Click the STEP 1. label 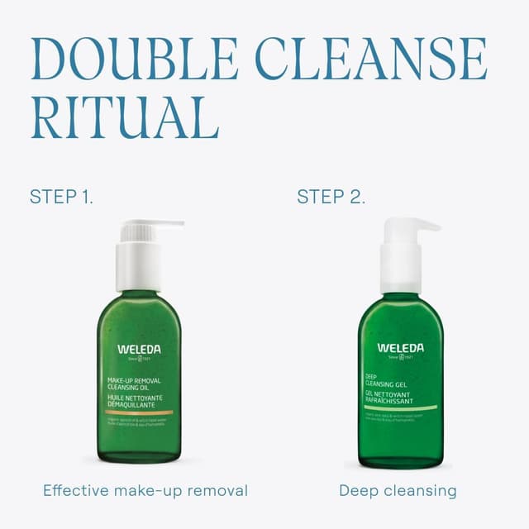[x=61, y=197]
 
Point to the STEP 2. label [x=331, y=197]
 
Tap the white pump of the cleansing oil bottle [x=139, y=256]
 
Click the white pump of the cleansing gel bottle [x=402, y=256]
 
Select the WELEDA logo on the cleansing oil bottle [x=139, y=349]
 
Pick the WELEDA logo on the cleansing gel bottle [x=401, y=347]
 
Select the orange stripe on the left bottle [x=139, y=412]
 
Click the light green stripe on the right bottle [x=401, y=407]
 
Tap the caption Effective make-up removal [x=145, y=490]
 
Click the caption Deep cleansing [x=398, y=490]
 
